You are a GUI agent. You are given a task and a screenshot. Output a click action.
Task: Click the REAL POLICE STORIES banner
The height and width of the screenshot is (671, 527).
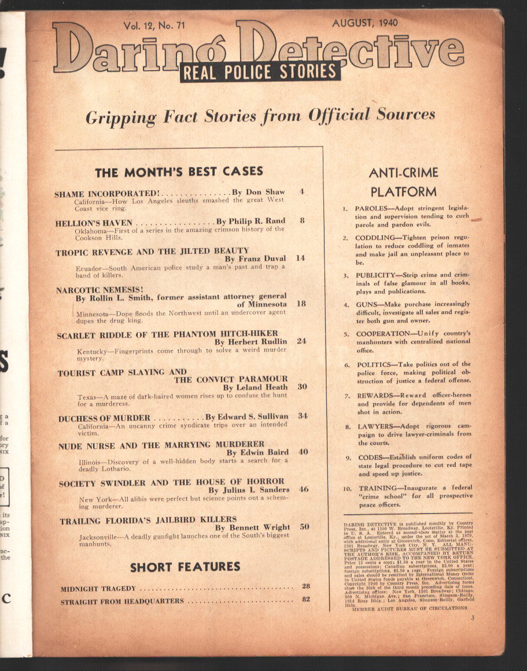tap(260, 72)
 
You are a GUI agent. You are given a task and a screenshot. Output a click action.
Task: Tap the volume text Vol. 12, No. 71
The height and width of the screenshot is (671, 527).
tap(157, 25)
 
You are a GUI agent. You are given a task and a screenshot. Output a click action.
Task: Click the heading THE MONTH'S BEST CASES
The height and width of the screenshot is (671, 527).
tap(179, 171)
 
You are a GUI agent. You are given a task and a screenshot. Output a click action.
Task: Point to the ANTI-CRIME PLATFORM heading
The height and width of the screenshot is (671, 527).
tap(403, 181)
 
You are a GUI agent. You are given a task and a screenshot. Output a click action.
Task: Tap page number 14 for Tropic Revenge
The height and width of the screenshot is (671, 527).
tap(300, 258)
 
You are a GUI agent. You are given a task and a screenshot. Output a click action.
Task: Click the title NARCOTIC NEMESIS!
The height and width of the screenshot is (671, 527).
tap(100, 289)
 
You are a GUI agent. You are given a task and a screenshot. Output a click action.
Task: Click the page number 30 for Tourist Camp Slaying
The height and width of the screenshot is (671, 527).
tap(302, 386)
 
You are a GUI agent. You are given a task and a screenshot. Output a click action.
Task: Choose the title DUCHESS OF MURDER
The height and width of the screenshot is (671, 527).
tap(104, 417)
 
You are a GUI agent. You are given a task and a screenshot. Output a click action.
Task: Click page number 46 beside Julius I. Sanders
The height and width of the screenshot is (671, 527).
tap(303, 489)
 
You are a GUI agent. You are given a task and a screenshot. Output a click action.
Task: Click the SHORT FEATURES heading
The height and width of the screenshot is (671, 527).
tap(185, 567)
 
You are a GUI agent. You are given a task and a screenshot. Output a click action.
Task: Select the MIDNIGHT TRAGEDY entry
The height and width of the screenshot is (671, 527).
tap(98, 589)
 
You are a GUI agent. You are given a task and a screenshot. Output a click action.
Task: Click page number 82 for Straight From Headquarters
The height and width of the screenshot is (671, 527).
tap(306, 599)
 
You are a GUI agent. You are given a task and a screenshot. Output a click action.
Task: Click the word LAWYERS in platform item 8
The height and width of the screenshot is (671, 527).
tap(374, 426)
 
